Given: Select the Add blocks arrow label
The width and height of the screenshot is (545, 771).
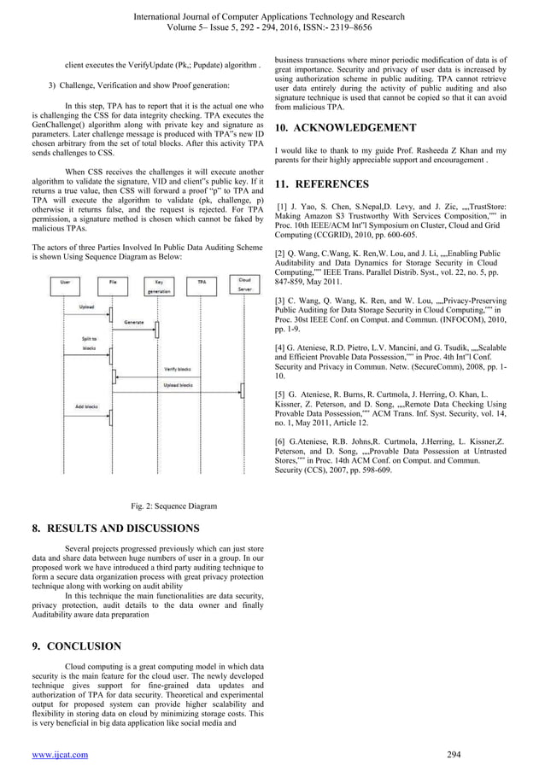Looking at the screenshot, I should point(85,406).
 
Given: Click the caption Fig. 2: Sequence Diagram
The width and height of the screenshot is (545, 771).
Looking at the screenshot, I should point(173,505).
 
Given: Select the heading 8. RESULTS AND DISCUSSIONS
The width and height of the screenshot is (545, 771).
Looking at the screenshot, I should point(115,529).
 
